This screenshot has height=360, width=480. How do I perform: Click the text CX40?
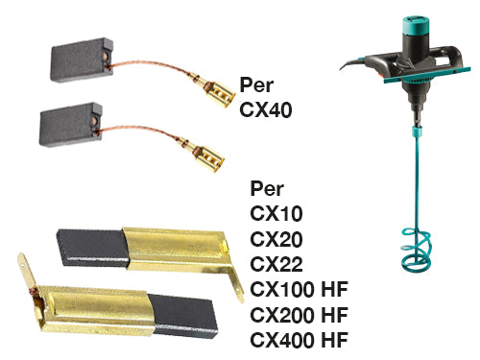pyautogui.click(x=266, y=109)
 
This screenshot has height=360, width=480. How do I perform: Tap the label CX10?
pyautogui.click(x=276, y=213)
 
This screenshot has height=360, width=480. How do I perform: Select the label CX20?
pyautogui.click(x=276, y=239)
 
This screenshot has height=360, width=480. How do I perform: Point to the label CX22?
pyautogui.click(x=276, y=264)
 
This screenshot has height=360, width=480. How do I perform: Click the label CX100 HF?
pyautogui.click(x=299, y=289)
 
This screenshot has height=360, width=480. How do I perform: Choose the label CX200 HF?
pyautogui.click(x=299, y=315)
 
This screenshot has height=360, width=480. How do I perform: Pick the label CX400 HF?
pyautogui.click(x=299, y=340)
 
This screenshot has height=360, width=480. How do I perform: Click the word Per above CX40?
pyautogui.click(x=256, y=84)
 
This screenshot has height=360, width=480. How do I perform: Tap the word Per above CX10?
pyautogui.click(x=267, y=188)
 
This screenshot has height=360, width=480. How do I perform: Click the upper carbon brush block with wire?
pyautogui.click(x=82, y=60)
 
